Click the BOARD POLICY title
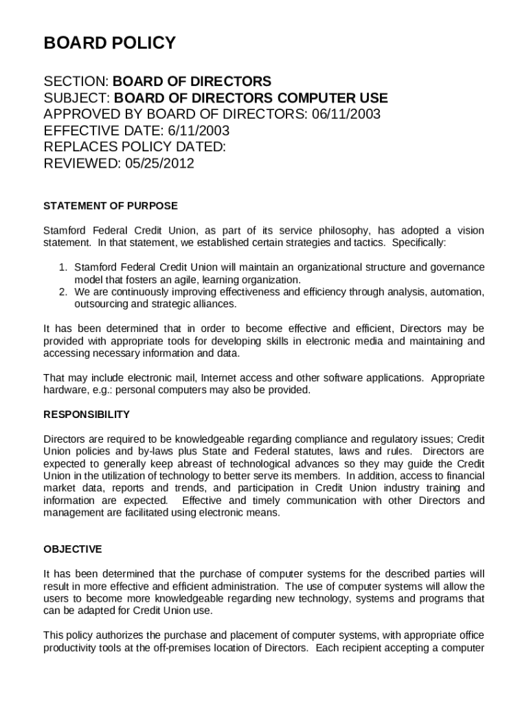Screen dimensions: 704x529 point(110,43)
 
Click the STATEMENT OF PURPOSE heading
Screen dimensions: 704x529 point(111,206)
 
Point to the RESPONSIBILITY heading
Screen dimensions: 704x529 point(87,415)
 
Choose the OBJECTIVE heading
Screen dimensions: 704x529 point(73,549)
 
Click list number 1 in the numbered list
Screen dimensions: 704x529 point(61,267)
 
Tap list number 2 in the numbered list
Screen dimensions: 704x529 point(61,292)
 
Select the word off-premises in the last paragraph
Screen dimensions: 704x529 point(203,648)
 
